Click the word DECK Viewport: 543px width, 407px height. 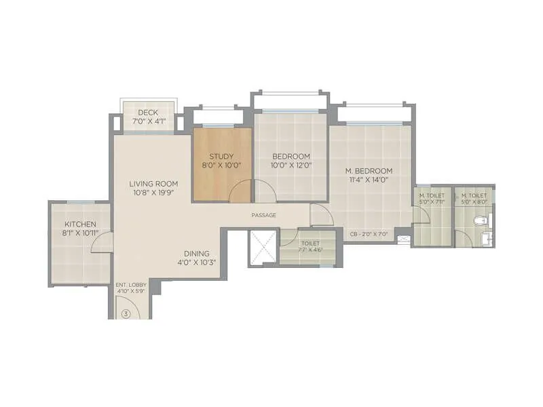[x=148, y=113]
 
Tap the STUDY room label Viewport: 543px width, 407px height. [x=221, y=156]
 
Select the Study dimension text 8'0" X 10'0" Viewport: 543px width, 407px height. [x=221, y=165]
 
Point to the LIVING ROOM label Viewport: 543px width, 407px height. [x=154, y=183]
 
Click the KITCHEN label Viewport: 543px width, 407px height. [x=80, y=225]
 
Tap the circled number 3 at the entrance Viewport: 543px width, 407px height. [x=126, y=313]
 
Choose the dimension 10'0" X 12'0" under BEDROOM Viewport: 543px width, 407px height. [x=291, y=165]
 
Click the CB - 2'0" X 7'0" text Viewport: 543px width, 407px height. [x=368, y=234]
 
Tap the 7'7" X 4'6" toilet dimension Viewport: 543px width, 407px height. [x=309, y=250]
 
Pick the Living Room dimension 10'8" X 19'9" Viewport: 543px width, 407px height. [x=154, y=193]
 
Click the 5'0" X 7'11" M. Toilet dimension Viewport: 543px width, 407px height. [x=432, y=201]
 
